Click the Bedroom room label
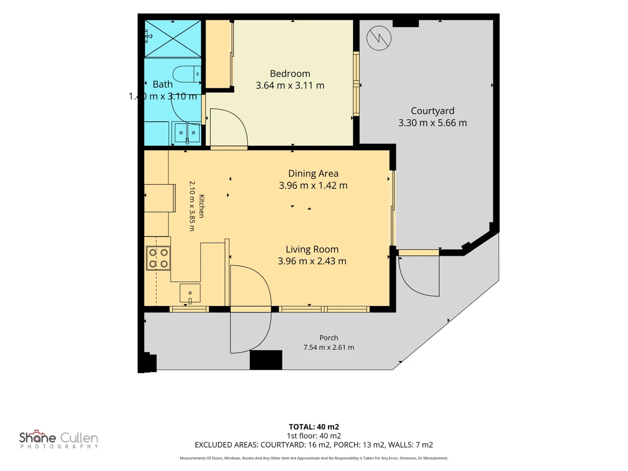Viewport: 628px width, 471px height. [x=290, y=74]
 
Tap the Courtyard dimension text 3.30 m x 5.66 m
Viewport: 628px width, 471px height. [x=432, y=123]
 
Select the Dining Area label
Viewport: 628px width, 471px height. [x=313, y=173]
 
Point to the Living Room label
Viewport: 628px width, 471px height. [x=312, y=249]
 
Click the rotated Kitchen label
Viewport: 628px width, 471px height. [x=201, y=206]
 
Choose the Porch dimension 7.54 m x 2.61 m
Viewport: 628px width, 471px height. [x=328, y=347]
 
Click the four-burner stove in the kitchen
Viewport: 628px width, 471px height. [x=158, y=258]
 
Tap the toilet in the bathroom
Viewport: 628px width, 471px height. [x=187, y=74]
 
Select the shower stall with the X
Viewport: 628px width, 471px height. [x=173, y=39]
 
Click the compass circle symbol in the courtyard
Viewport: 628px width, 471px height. [x=379, y=38]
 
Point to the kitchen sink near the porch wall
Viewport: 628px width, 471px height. [x=190, y=293]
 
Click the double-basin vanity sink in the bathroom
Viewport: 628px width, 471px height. [x=187, y=133]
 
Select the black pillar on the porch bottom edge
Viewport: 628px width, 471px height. [x=266, y=360]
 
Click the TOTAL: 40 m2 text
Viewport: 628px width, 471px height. [x=314, y=427]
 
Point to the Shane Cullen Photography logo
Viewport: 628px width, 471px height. [x=58, y=439]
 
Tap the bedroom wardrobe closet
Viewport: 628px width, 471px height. [x=218, y=54]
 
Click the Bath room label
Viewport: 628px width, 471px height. [x=163, y=84]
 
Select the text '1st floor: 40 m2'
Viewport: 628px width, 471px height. [x=314, y=436]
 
